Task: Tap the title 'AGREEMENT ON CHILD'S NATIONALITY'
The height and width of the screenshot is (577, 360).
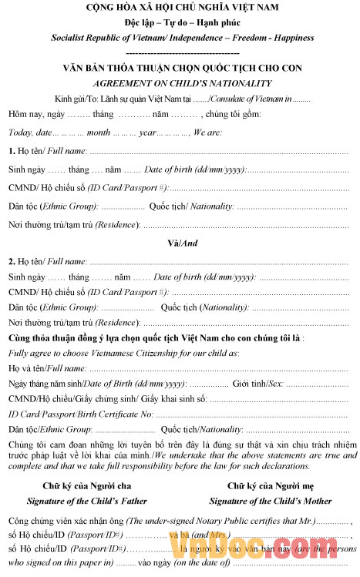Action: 181,82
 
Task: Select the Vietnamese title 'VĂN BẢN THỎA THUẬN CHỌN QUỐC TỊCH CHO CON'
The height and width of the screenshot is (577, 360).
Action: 181,68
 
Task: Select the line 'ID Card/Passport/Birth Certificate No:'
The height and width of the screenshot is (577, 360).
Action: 81,414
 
